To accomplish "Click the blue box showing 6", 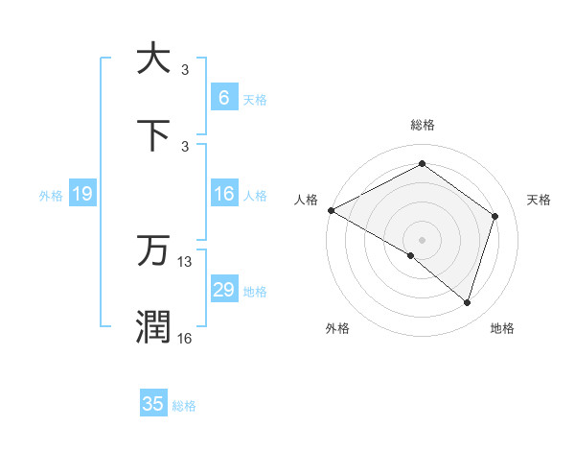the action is (223, 98).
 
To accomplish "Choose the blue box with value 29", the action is (223, 290).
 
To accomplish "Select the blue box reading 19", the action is (81, 194).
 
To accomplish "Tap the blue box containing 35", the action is (153, 404).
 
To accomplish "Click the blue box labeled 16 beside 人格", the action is (223, 194).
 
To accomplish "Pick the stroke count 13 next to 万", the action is (185, 261).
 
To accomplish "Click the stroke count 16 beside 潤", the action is (185, 338).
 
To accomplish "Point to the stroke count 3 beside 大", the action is (185, 69).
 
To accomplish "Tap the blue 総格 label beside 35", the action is (184, 406).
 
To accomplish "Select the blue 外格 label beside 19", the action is (51, 195).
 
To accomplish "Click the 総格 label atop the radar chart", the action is (423, 125).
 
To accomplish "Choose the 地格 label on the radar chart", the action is (502, 328).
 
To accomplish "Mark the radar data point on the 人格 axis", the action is (331, 210).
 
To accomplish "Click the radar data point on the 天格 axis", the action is (495, 216).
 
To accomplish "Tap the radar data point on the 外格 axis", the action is (411, 255).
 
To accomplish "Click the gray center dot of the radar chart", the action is (422, 239).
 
